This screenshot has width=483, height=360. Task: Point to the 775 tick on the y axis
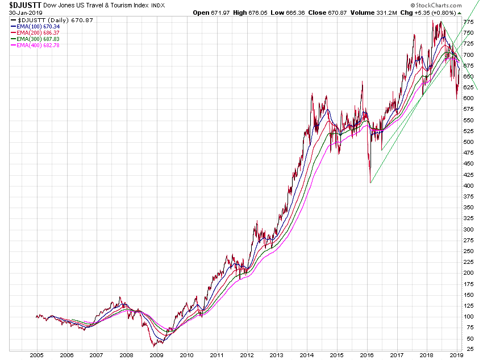click(x=468, y=22)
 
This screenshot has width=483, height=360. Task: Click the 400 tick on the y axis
click(x=468, y=186)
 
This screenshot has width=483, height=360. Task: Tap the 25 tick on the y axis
click(x=468, y=349)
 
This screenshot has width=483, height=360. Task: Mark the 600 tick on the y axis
click(x=468, y=98)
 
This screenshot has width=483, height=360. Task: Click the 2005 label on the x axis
click(x=36, y=355)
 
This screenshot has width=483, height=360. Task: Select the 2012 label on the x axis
click(x=246, y=355)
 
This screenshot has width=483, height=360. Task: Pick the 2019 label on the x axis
click(x=456, y=355)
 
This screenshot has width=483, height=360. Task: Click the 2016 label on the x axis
click(x=367, y=355)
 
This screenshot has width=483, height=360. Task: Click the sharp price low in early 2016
click(x=370, y=182)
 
